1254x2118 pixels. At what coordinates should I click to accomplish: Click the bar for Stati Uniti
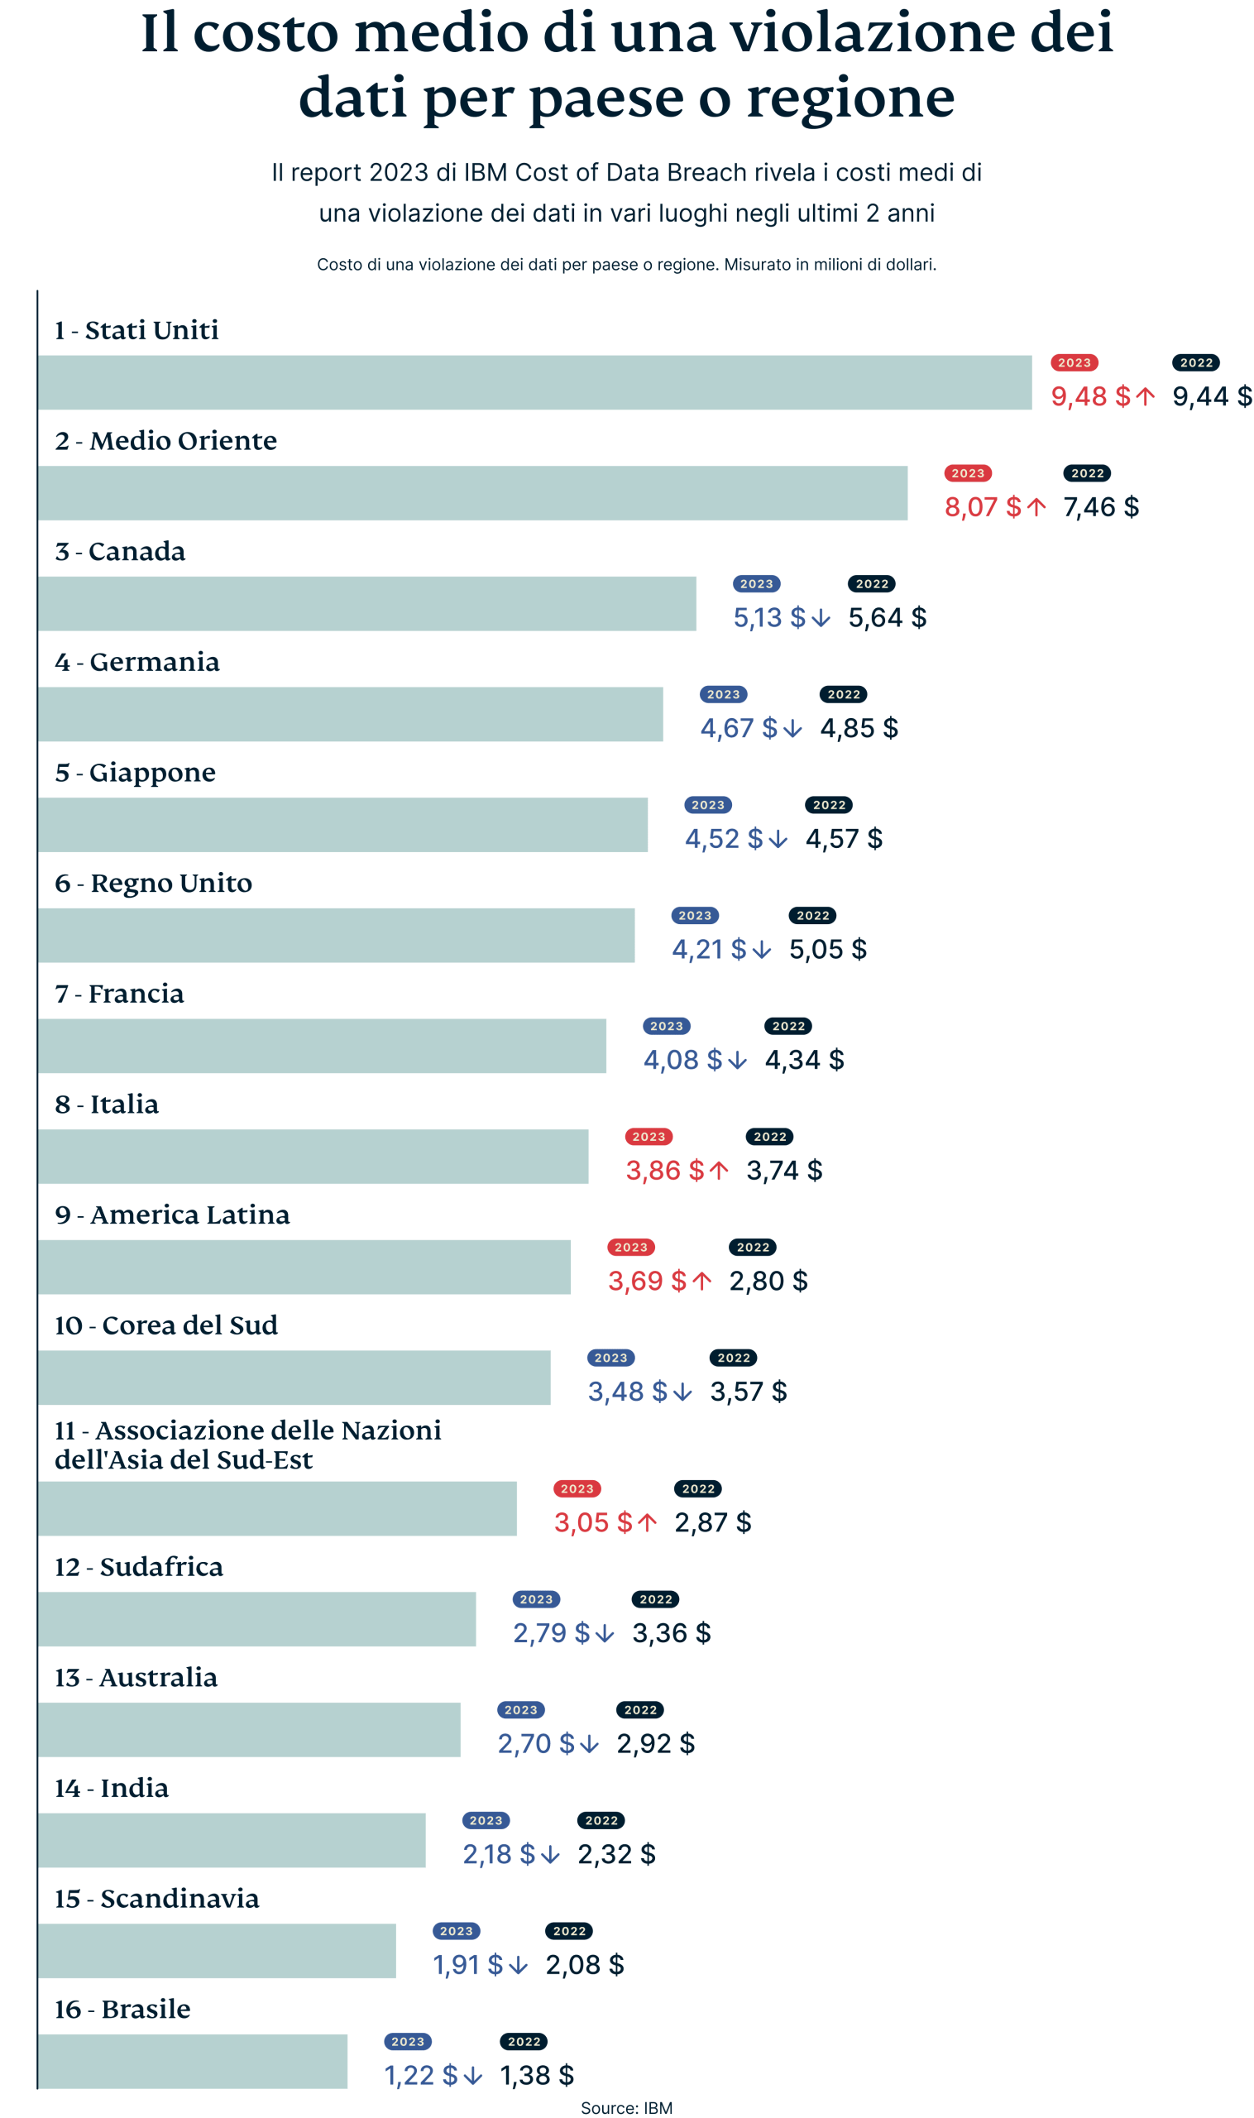534,382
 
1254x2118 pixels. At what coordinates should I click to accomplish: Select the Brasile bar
193,2061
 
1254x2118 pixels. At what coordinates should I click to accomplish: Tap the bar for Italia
313,1156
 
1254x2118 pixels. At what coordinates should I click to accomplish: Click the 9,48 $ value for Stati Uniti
1090,396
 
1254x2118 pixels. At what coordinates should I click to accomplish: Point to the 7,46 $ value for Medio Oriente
1100,507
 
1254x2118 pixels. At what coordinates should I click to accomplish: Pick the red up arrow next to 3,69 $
701,1282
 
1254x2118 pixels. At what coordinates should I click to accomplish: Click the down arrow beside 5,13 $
820,619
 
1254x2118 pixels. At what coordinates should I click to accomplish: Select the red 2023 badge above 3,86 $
649,1137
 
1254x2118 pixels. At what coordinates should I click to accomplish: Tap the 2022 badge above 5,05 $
812,915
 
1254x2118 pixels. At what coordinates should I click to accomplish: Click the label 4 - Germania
136,662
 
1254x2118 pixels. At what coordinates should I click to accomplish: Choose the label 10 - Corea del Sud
165,1325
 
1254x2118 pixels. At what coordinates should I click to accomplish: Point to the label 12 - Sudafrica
139,1566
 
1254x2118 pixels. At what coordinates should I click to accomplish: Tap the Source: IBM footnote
626,2107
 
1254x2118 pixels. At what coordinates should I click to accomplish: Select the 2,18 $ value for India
499,1854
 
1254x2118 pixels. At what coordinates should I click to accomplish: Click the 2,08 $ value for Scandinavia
585,1965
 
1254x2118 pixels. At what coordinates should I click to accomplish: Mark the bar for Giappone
342,824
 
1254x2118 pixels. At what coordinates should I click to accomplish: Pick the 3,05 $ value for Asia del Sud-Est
592,1522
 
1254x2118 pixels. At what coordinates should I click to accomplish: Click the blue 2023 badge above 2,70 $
520,1710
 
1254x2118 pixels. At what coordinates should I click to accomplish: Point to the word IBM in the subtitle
486,172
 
